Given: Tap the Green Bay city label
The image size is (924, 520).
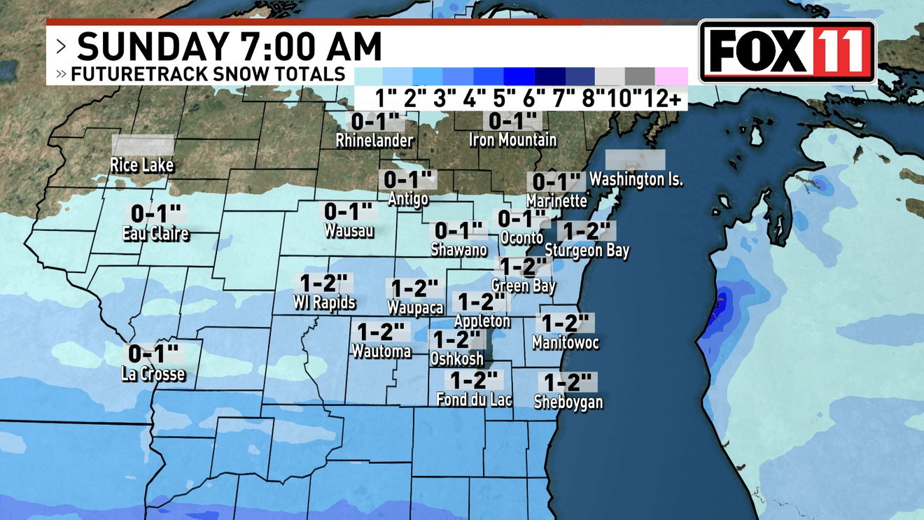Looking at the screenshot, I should click(x=524, y=286).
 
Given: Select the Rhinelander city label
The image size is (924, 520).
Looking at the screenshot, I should click(x=374, y=140).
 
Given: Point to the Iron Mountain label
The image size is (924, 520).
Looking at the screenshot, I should click(x=512, y=140).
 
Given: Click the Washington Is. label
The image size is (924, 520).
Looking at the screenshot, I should click(x=636, y=180).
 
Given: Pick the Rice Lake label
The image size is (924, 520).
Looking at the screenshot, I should click(x=142, y=166).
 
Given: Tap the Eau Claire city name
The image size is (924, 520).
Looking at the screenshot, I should click(x=155, y=234).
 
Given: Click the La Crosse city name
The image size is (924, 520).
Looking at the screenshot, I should click(x=153, y=374).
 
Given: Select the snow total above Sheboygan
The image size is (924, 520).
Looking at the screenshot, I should click(x=568, y=382).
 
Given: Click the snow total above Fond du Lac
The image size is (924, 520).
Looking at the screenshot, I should click(x=475, y=380).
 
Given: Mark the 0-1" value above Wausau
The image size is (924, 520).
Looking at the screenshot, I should click(x=348, y=211).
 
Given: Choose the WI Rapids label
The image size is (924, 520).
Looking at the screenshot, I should click(x=324, y=303).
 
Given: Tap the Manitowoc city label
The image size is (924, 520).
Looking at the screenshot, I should click(x=566, y=343).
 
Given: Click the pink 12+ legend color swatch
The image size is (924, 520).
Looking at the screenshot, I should click(x=671, y=76).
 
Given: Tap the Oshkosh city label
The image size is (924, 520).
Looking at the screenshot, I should click(x=457, y=358).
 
